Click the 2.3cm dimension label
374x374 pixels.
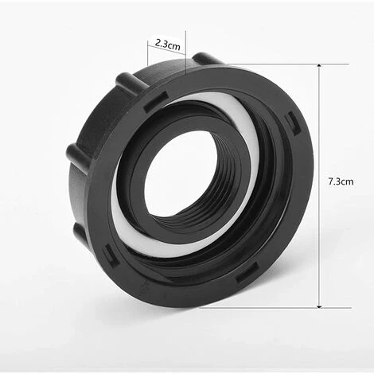point(168,44)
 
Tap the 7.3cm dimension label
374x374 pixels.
point(341,181)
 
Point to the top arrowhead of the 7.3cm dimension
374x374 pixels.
point(319,66)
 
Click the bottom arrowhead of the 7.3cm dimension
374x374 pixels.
point(319,306)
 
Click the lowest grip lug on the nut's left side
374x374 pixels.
point(80,233)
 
